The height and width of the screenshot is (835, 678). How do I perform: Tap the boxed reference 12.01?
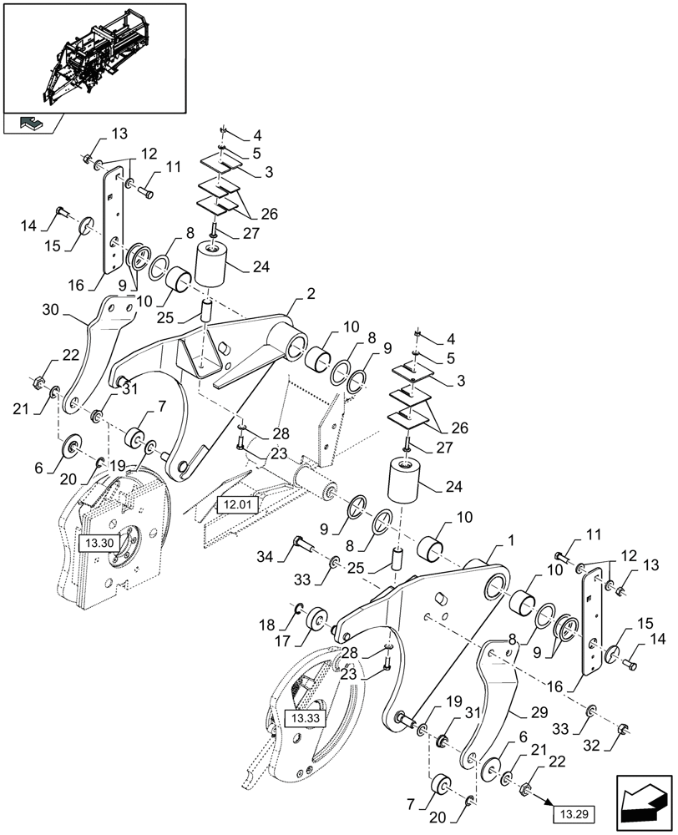pos(238,504)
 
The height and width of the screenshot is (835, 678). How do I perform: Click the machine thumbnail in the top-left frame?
pos(94,57)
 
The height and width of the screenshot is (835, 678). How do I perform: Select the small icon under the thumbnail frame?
pos(33,124)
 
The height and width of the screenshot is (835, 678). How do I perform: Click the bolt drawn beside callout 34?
pos(299,548)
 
